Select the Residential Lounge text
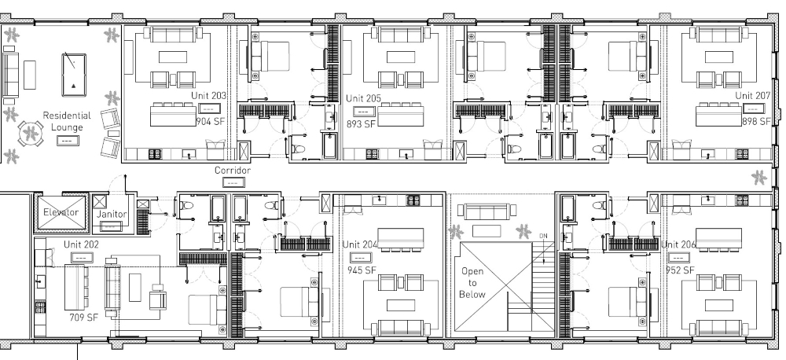coord(66,120)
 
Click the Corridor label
coord(232,170)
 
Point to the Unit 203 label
coord(209,95)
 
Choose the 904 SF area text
coord(211,122)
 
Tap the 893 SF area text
coord(361,124)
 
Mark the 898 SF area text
coord(756,122)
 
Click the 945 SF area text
coord(361,270)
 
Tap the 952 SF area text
coord(681,270)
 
